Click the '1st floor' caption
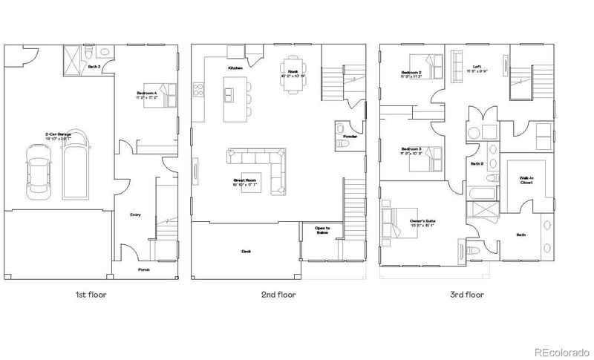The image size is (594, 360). click(x=91, y=295)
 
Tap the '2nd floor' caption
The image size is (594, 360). click(x=278, y=295)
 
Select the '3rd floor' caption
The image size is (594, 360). click(x=467, y=295)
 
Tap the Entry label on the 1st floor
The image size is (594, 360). click(x=135, y=215)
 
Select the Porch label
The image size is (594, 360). click(x=144, y=269)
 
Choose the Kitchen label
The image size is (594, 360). click(x=235, y=68)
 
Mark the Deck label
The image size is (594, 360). click(x=246, y=251)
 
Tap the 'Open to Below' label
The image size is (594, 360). click(x=322, y=230)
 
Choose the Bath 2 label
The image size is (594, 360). click(x=477, y=163)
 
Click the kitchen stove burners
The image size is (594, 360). click(x=199, y=90)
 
